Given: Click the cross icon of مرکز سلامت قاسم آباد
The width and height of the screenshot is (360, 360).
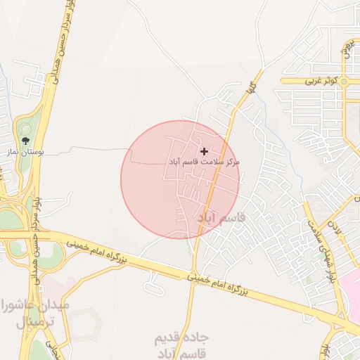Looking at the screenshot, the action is tap(205, 151).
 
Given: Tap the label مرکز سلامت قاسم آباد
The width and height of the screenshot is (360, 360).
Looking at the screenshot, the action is tap(204, 162).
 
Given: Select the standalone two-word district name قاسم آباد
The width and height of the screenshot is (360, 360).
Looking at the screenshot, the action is tap(222, 219).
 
